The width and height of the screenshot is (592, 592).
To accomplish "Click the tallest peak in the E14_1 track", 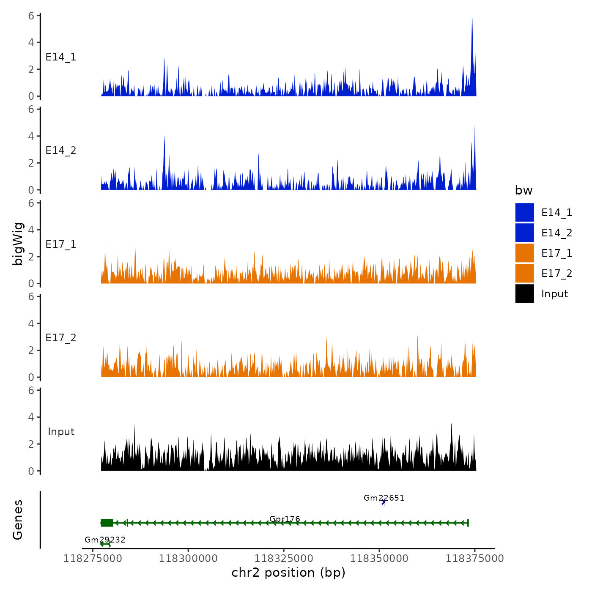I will click(472, 19).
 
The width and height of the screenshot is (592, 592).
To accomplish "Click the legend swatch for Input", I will click(524, 293).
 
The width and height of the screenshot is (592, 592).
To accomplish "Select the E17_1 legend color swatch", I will click(524, 253).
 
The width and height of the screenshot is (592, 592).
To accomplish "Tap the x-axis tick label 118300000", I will click(188, 558).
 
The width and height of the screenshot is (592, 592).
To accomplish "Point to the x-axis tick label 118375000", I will click(474, 558).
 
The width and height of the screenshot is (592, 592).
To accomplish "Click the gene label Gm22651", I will click(384, 498).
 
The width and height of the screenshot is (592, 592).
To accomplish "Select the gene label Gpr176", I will click(285, 518).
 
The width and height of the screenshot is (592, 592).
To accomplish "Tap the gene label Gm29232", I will click(105, 540).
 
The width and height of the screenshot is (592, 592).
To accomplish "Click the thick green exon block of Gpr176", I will click(107, 523).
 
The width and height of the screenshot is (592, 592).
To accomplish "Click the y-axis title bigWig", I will click(18, 244).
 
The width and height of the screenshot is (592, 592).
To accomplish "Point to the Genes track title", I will click(18, 520).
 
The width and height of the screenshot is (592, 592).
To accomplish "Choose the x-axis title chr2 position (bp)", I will click(288, 573).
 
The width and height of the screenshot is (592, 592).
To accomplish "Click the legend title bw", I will click(523, 190).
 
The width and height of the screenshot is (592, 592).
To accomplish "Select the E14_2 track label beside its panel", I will click(61, 151).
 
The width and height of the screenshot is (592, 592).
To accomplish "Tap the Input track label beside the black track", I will click(61, 431).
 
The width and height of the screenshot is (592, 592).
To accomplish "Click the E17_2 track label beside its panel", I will click(61, 337).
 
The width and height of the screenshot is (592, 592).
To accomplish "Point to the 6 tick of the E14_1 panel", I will click(31, 16).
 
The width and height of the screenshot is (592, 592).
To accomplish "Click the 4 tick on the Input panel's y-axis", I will click(31, 417).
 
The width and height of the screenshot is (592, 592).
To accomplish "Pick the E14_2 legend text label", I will click(556, 233).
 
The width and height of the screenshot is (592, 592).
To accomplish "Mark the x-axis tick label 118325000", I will click(284, 558).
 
